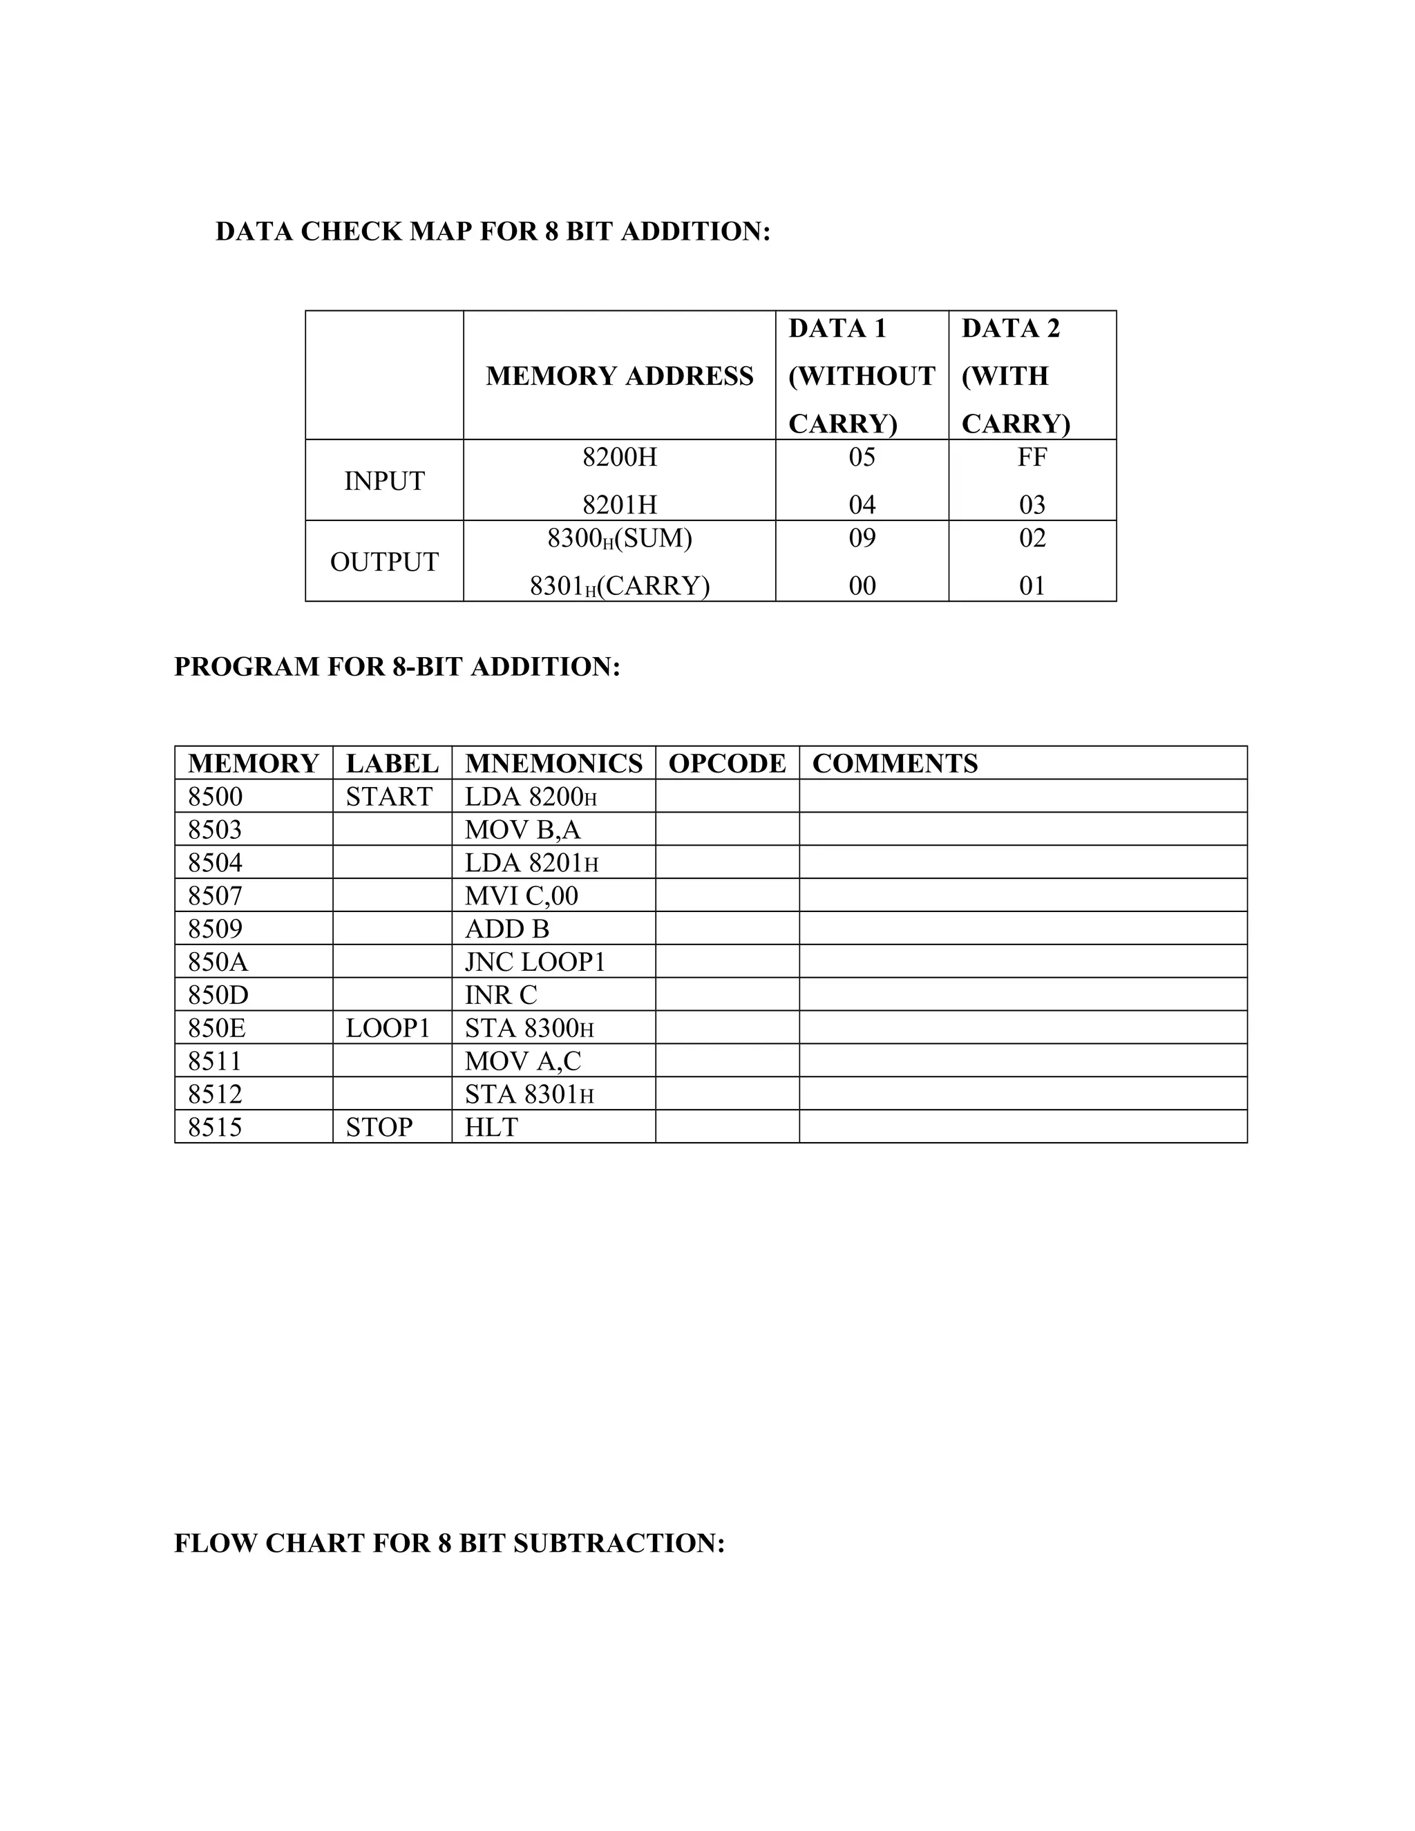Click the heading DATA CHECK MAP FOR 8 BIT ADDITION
tap(492, 231)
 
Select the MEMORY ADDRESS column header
tap(620, 376)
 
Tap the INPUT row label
tap(384, 481)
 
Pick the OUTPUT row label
tap(384, 562)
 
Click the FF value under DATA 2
tap(1032, 457)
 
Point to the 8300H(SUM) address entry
tap(620, 538)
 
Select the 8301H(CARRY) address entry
tap(620, 586)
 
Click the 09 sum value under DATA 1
tap(862, 538)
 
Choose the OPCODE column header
tap(727, 763)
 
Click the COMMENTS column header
tap(895, 763)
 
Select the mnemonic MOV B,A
tap(522, 830)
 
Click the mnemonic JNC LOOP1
tap(535, 962)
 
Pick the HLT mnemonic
tap(491, 1128)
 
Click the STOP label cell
tap(379, 1128)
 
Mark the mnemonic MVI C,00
tap(522, 896)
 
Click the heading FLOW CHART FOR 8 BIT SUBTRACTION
tap(449, 1544)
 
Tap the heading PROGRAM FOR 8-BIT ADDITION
tap(397, 667)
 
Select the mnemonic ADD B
tap(506, 929)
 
